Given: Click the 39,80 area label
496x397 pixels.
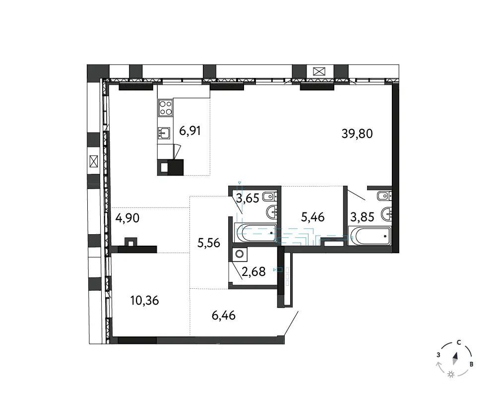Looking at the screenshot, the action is (x=357, y=133).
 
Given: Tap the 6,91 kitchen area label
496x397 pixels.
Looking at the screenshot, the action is (x=190, y=131).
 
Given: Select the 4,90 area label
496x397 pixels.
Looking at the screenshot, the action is (x=127, y=218).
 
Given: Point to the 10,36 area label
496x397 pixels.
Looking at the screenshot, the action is (x=144, y=300).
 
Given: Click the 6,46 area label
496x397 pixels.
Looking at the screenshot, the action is (x=224, y=315).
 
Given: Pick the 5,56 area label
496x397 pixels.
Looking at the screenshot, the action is (x=208, y=243).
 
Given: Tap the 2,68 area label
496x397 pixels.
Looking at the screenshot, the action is (x=253, y=271).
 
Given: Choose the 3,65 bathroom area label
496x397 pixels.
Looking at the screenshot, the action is (x=248, y=198).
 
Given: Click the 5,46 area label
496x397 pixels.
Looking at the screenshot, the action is (x=312, y=217).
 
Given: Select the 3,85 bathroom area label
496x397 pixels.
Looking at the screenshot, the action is (x=362, y=217).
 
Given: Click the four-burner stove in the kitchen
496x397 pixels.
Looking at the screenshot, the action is (x=166, y=107).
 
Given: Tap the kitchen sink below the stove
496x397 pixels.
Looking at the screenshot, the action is (x=164, y=133).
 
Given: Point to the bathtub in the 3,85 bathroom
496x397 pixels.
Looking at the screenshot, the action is (x=370, y=236).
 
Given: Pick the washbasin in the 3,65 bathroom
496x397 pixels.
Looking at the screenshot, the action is (x=272, y=211).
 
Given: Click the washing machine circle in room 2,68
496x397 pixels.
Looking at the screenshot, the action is (x=240, y=254).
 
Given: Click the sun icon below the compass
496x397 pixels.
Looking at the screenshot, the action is (x=451, y=375).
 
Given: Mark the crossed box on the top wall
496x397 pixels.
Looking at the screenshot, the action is (x=319, y=71).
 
